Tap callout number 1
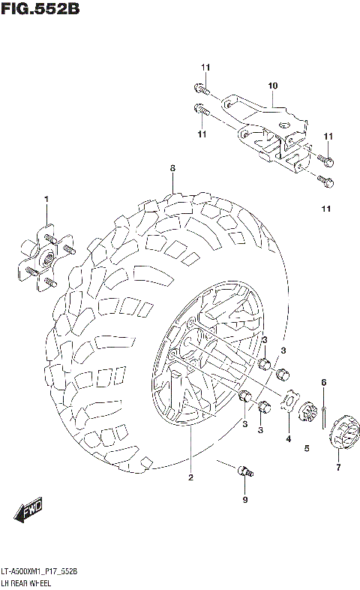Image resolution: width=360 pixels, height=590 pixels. [x=46, y=199]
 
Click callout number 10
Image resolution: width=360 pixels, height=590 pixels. [x=272, y=86]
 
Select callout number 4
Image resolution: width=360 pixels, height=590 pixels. [x=287, y=438]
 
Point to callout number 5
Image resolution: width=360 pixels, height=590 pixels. [x=307, y=449]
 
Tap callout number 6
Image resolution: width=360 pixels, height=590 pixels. [x=324, y=383]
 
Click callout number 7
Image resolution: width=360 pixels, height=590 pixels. [x=338, y=468]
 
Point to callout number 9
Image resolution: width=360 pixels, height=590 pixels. [x=243, y=499]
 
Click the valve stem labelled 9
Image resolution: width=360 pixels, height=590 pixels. [x=244, y=471]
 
